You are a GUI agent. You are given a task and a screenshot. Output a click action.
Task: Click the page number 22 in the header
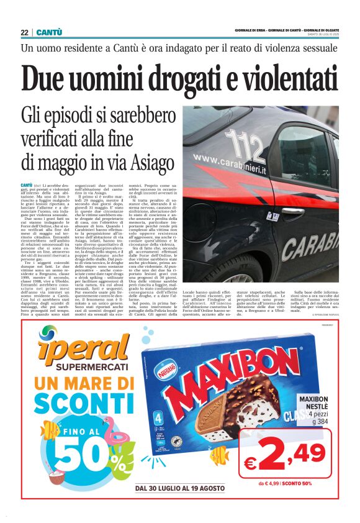pos(24,32)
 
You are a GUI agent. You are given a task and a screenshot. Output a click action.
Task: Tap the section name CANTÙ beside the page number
pos(49,32)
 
